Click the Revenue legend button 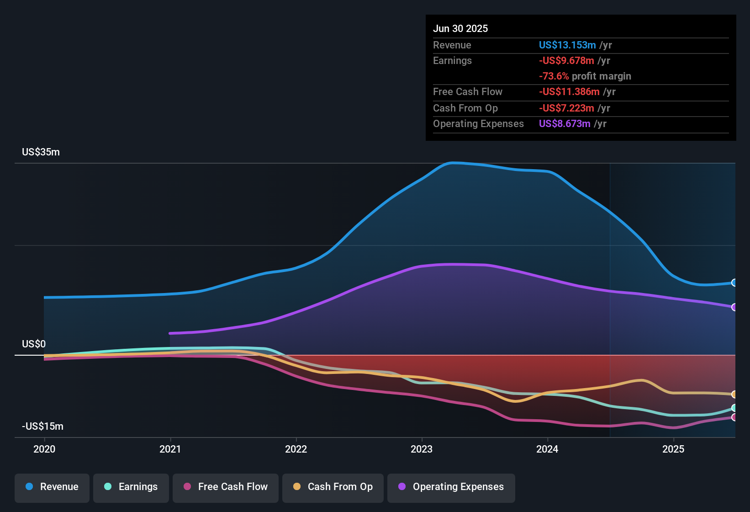click(x=52, y=487)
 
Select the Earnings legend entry click(x=131, y=487)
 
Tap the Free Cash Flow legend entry click(x=226, y=487)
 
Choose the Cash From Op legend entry click(x=333, y=487)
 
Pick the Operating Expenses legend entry click(x=451, y=487)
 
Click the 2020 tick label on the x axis click(x=44, y=449)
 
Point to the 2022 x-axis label click(x=296, y=449)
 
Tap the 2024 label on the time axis click(x=547, y=449)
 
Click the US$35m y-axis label click(x=41, y=152)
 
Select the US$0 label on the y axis click(x=34, y=344)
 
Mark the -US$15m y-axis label click(x=42, y=427)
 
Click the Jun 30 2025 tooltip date click(x=460, y=29)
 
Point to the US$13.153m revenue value click(x=567, y=45)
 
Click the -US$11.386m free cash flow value click(x=569, y=92)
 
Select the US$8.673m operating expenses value click(x=565, y=124)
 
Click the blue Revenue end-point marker click(x=734, y=283)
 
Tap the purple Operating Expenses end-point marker click(x=734, y=307)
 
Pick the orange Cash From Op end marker click(x=734, y=394)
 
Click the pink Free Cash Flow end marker click(x=734, y=417)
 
